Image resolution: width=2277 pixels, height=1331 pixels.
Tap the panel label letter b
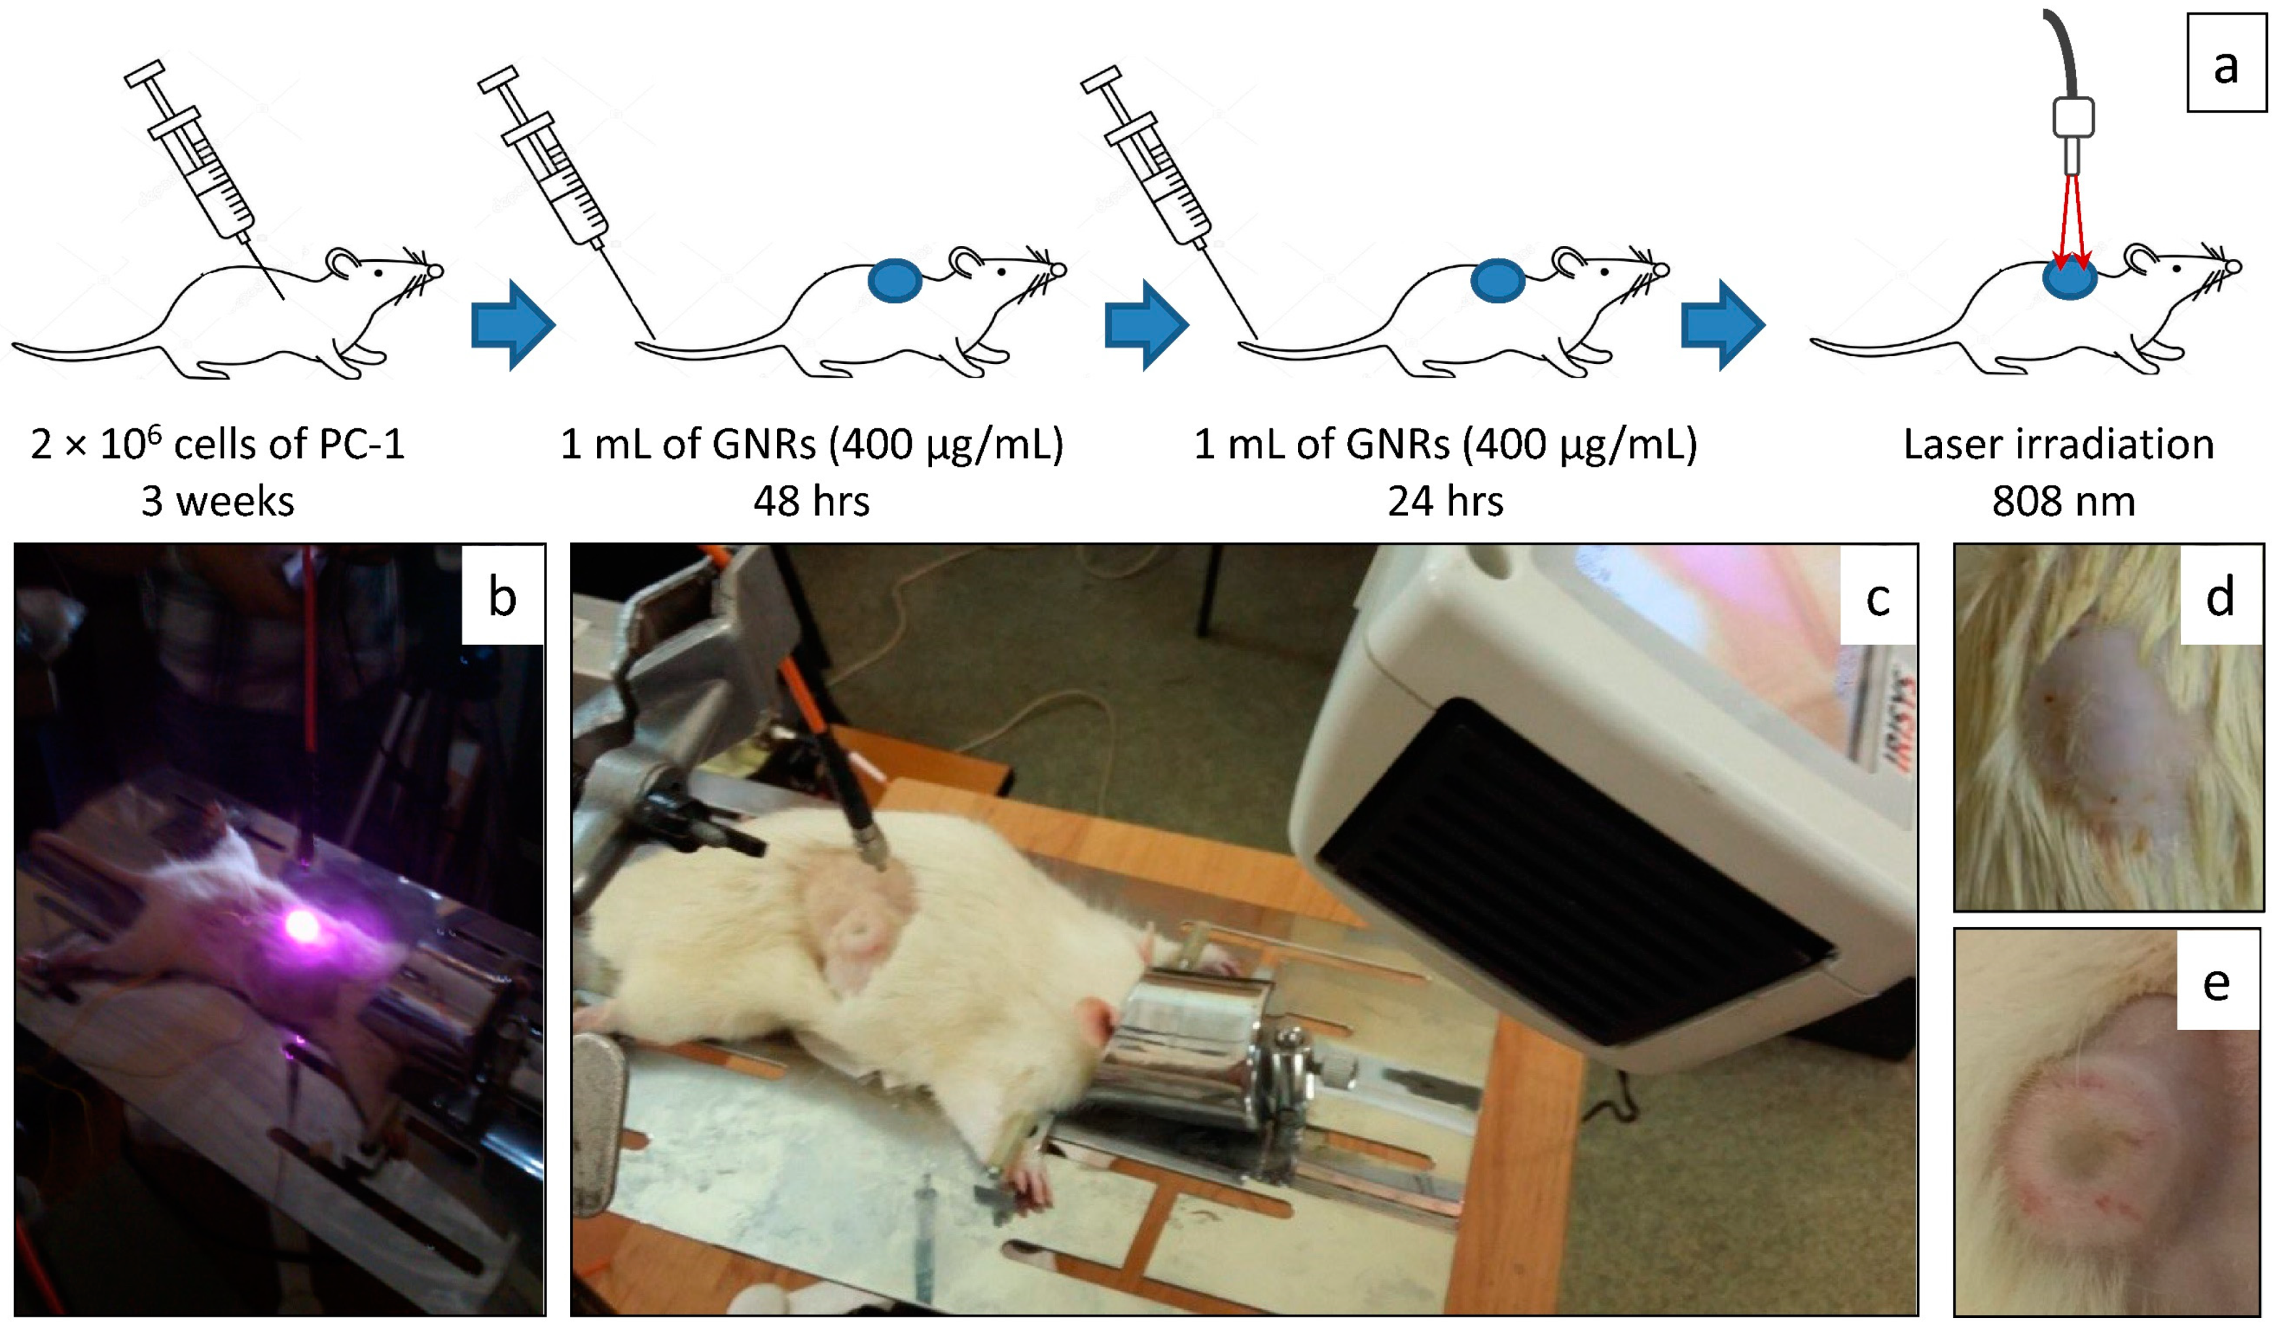[x=503, y=597]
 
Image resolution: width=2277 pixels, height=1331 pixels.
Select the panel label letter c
[x=1878, y=597]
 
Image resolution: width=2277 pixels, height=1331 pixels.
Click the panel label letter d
[x=2220, y=596]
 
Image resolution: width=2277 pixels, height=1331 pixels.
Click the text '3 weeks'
[x=218, y=501]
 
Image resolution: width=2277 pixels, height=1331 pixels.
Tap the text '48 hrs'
[x=812, y=501]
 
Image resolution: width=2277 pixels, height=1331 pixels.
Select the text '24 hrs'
[x=1445, y=501]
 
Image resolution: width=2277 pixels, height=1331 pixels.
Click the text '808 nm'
[x=2064, y=501]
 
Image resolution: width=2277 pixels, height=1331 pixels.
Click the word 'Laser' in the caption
[x=1952, y=445]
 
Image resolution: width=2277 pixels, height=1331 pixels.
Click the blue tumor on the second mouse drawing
[x=895, y=281]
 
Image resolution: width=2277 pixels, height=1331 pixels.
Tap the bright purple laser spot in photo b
[x=302, y=925]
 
